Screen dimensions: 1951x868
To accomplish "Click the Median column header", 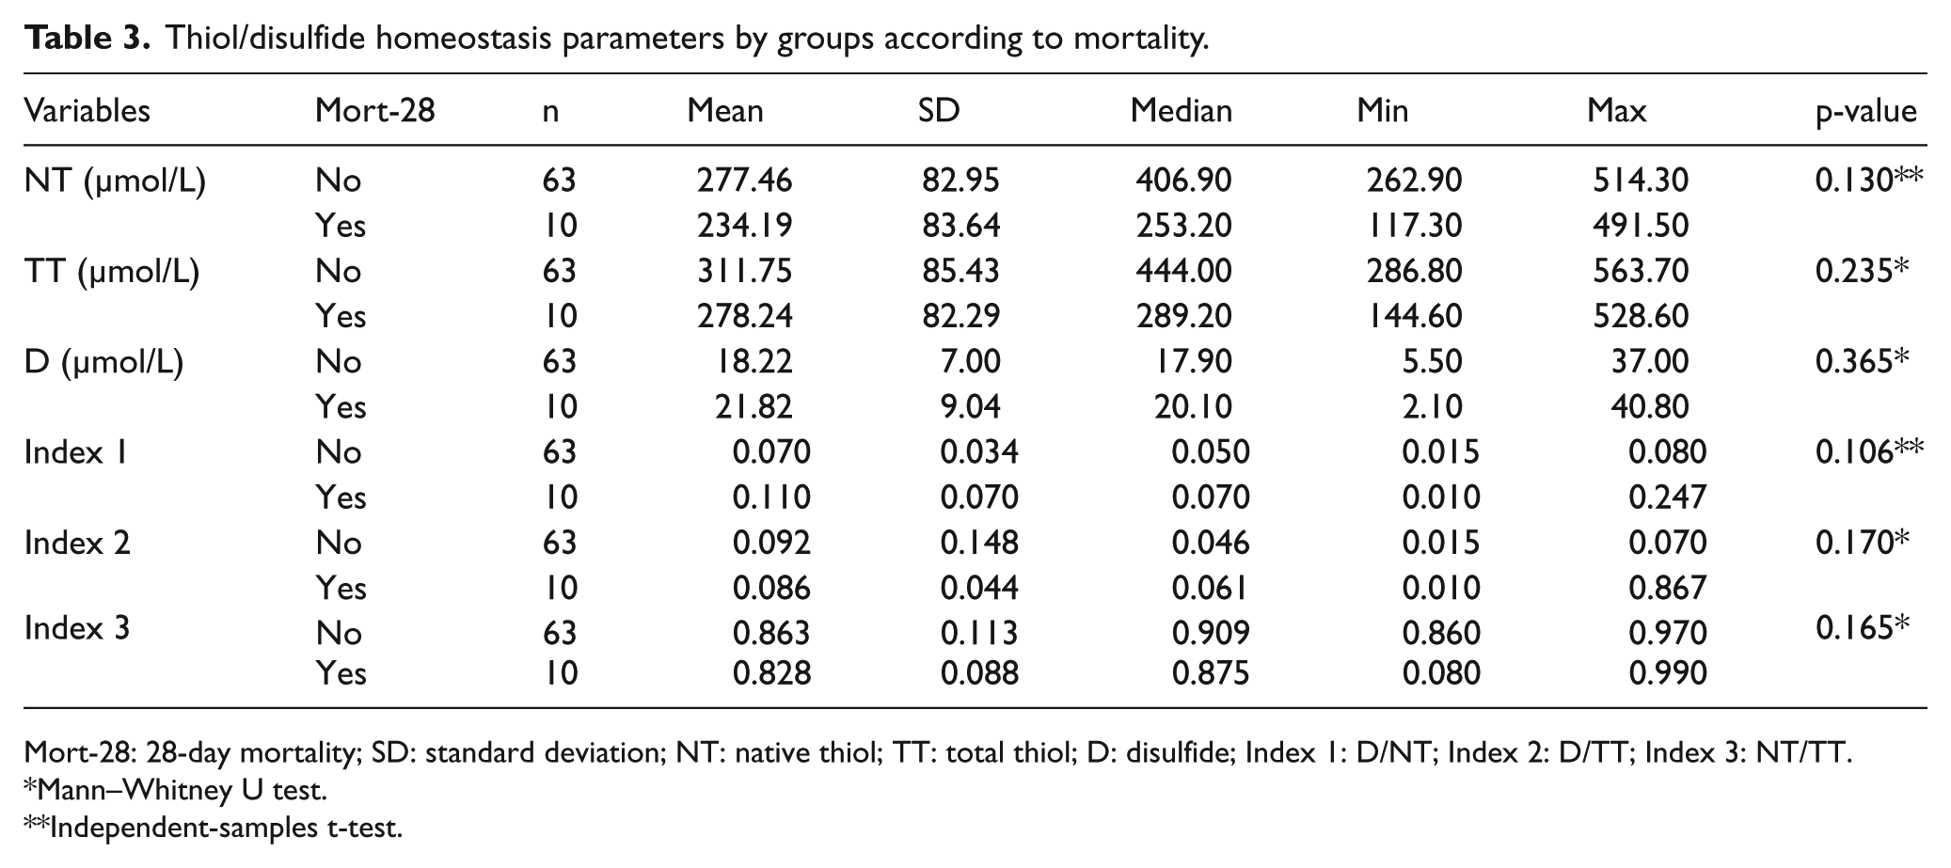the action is (1181, 111).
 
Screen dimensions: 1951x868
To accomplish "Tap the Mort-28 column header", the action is (375, 111).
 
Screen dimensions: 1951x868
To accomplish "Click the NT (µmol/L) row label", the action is (115, 181).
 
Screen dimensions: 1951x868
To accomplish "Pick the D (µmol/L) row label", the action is (103, 362).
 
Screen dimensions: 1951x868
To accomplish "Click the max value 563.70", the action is (1641, 271).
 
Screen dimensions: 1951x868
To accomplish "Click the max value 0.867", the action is (1667, 588).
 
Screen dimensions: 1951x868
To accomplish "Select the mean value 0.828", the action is (771, 673).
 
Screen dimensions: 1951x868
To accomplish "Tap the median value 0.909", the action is (1211, 632).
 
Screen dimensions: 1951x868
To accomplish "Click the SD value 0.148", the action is (979, 543).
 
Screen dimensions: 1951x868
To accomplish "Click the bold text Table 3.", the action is (87, 39).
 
